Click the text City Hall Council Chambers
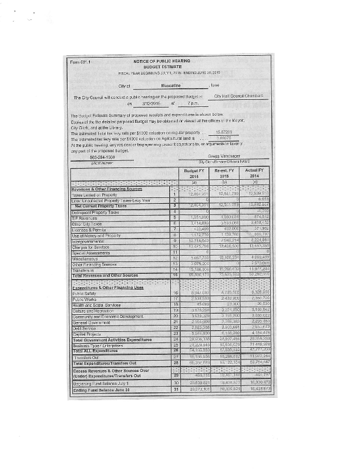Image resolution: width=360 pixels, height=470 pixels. click(241, 95)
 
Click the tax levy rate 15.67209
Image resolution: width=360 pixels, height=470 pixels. click(225, 133)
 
